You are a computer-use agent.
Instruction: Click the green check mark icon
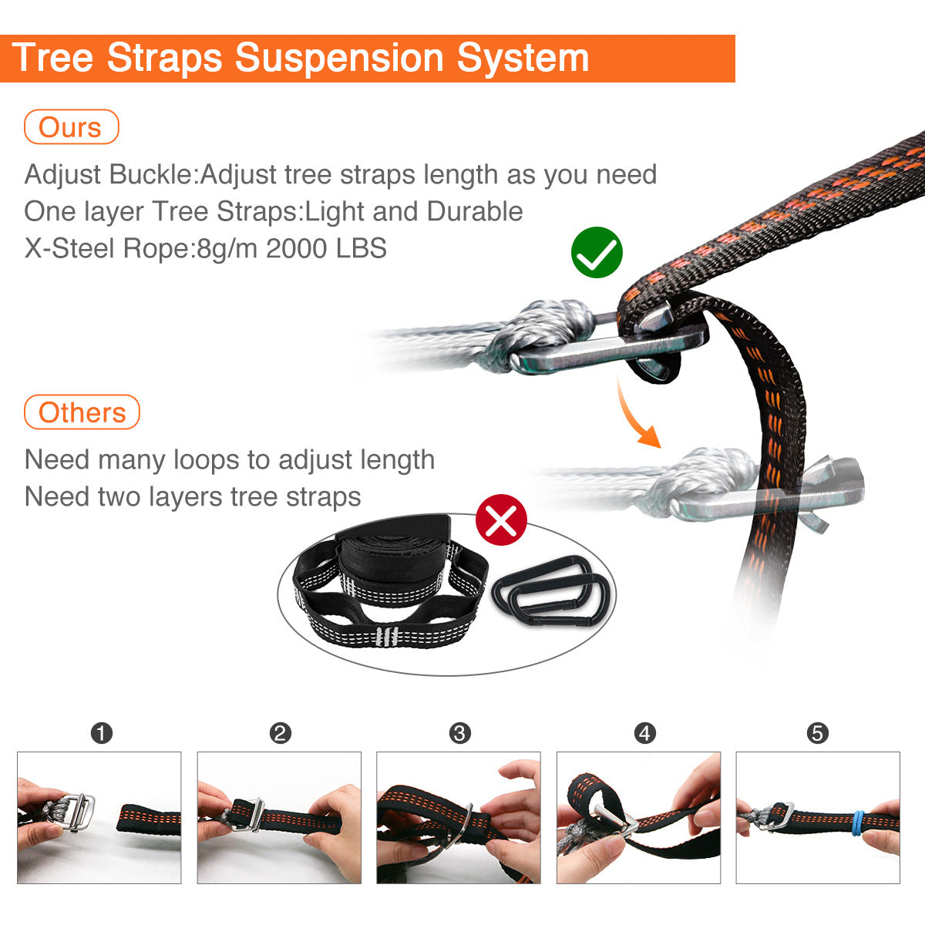point(597,253)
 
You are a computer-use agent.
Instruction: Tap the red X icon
point(501,520)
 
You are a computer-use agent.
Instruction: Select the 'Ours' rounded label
point(71,126)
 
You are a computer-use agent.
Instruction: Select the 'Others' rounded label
point(82,412)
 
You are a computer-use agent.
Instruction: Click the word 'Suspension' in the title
point(339,59)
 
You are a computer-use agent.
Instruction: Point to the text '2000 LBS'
point(326,248)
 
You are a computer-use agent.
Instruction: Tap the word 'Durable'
point(474,211)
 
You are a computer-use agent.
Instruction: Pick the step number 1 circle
point(102,734)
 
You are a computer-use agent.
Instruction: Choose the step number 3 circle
point(460,734)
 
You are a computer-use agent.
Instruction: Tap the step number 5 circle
point(818,734)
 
